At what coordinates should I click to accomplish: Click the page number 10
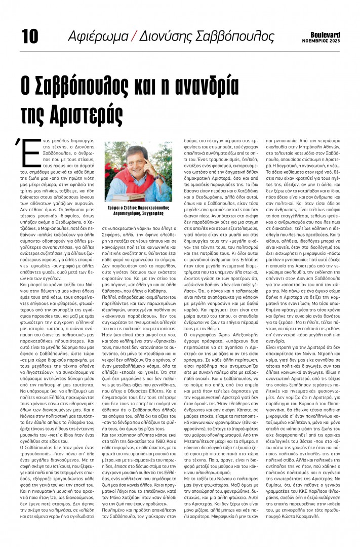click(30, 35)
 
